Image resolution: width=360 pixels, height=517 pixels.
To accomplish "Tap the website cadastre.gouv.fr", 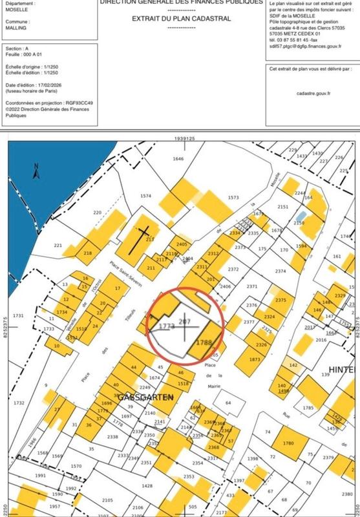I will [313, 93].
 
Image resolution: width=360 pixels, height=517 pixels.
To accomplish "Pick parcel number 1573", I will [233, 197].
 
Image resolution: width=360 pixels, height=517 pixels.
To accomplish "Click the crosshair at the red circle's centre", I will [187, 327].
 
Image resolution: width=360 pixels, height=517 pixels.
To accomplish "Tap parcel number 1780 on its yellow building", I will [288, 443].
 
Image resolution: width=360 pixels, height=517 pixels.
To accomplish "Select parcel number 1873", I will [254, 359].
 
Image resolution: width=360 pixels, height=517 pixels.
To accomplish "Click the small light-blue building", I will [301, 216].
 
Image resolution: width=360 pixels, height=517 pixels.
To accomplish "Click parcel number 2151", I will [282, 207].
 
